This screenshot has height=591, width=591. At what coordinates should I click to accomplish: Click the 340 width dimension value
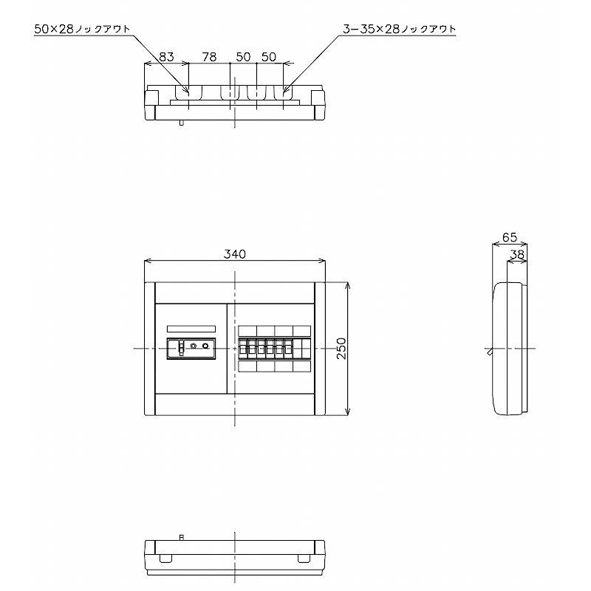tap(234, 254)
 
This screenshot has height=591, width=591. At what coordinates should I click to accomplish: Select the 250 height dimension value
tap(341, 348)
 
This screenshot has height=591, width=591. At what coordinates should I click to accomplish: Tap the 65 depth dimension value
tap(510, 237)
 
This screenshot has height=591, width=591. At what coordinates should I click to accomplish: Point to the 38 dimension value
tap(517, 255)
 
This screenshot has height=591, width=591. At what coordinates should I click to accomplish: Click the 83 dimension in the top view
tap(166, 57)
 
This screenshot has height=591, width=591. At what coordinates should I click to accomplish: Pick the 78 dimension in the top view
tap(209, 57)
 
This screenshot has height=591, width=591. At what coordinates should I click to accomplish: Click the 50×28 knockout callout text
tap(82, 29)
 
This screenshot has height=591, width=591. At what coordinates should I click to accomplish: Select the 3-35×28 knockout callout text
tap(400, 29)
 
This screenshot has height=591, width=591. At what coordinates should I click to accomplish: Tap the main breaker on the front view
tap(191, 349)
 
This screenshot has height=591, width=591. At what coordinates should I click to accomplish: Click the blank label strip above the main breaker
tap(191, 329)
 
